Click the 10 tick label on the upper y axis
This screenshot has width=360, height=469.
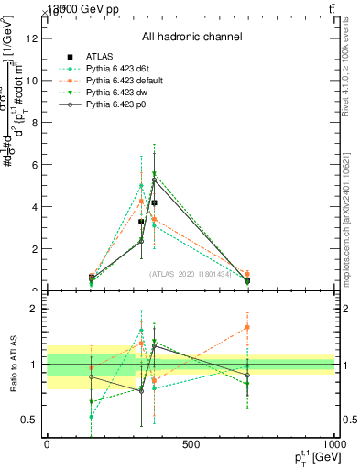pyautogui.click(x=33, y=80)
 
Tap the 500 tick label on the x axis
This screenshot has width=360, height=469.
pyautogui.click(x=191, y=445)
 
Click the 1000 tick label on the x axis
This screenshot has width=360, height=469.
pyautogui.click(x=334, y=445)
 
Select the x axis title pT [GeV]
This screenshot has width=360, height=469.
pyautogui.click(x=311, y=458)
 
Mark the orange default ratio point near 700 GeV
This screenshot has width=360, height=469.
pyautogui.click(x=247, y=327)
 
